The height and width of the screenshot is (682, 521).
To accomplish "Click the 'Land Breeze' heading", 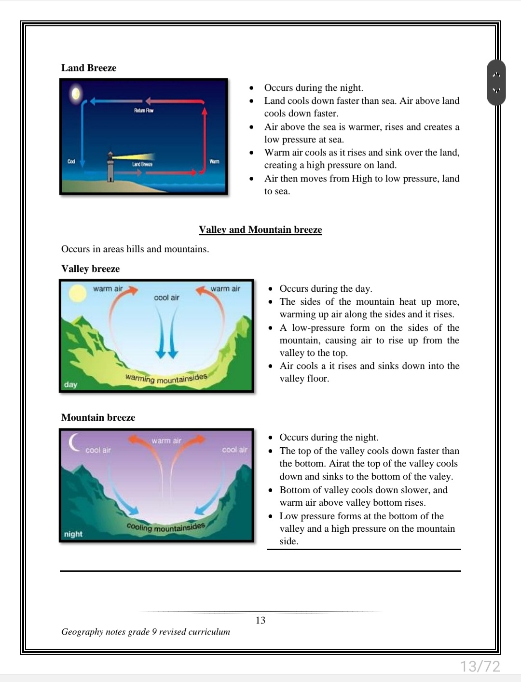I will pyautogui.click(x=89, y=68).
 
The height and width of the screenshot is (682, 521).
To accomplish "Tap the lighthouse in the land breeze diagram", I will pyautogui.click(x=111, y=167).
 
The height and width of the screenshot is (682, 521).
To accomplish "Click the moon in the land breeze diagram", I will pyautogui.click(x=76, y=93).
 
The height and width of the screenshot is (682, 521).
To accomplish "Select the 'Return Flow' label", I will pyautogui.click(x=144, y=111).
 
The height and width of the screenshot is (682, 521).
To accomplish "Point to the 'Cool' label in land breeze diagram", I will pyautogui.click(x=71, y=161).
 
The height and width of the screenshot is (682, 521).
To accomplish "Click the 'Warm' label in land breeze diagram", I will pyautogui.click(x=214, y=161).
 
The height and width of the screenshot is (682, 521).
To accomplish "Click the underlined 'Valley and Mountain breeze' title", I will pyautogui.click(x=260, y=229).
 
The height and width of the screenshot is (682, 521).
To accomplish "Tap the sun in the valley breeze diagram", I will pyautogui.click(x=77, y=294).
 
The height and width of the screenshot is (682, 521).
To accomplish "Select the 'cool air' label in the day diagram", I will pyautogui.click(x=166, y=298).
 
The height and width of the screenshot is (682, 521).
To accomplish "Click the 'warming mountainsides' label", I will pyautogui.click(x=166, y=378).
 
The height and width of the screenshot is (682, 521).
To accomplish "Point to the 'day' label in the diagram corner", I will pyautogui.click(x=70, y=384).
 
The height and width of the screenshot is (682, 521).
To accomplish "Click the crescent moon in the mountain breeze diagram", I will pyautogui.click(x=74, y=441).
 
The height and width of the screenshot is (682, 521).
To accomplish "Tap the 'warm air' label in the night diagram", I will pyautogui.click(x=166, y=440).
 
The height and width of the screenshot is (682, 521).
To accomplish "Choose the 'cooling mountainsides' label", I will pyautogui.click(x=165, y=527).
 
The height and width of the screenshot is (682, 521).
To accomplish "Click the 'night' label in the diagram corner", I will pyautogui.click(x=73, y=534).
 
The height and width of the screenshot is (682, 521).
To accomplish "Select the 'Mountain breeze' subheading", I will pyautogui.click(x=98, y=417).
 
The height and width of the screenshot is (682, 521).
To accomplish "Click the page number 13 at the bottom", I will pyautogui.click(x=260, y=620).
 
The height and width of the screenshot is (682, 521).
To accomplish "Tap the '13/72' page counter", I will pyautogui.click(x=480, y=667).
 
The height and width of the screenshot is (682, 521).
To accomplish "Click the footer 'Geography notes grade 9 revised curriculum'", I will pyautogui.click(x=146, y=632).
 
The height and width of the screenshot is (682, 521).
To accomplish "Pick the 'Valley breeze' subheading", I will pyautogui.click(x=90, y=269).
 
